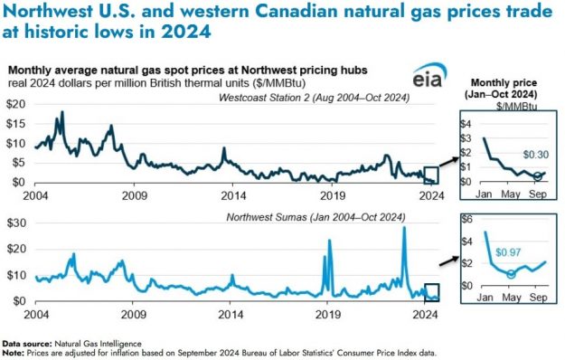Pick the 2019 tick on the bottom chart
pos(334,313)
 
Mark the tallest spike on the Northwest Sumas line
pos(404,229)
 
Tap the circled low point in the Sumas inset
pos(511,273)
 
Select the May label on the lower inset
pos(511,296)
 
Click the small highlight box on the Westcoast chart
pos(431,175)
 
